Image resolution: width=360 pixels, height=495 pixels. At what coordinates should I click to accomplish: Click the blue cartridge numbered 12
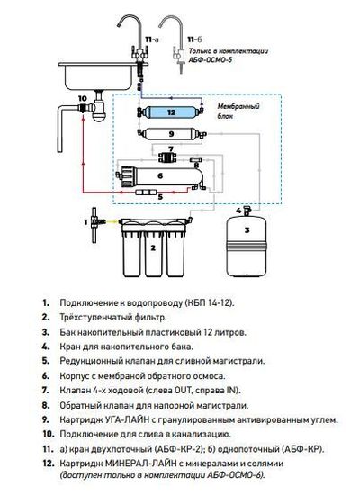[x=171, y=112]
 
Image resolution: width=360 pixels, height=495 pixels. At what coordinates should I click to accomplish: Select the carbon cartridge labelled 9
[x=172, y=134]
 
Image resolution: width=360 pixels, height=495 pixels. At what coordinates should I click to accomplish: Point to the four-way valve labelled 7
[x=167, y=157]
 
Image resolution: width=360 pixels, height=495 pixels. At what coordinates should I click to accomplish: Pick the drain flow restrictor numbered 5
[x=146, y=192]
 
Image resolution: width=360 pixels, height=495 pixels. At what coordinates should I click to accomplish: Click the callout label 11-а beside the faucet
[x=151, y=40]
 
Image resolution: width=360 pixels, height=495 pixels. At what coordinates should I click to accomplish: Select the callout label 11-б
[x=193, y=40]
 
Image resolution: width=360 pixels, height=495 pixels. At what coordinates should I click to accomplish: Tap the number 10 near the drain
[x=82, y=98]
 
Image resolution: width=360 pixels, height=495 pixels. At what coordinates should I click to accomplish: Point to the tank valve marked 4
[x=247, y=211]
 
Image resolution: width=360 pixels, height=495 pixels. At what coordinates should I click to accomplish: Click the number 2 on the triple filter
[x=153, y=247]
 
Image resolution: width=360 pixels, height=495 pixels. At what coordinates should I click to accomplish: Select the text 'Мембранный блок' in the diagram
[x=238, y=111]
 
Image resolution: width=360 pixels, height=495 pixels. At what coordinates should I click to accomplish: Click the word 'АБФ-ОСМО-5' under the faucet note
[x=211, y=59]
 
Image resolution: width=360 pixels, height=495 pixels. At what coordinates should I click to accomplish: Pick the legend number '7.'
[x=46, y=391]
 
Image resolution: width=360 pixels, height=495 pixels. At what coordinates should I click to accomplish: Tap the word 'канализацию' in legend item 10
[x=201, y=434]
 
